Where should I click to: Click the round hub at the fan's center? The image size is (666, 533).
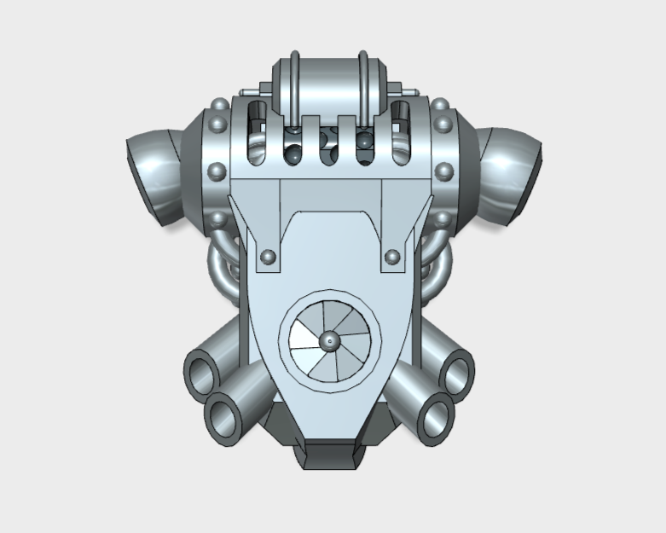point(329,341)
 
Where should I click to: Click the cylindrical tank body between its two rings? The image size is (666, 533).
point(329,85)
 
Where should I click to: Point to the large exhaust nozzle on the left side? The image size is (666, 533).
point(153,174)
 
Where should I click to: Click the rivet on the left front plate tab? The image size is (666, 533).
point(268,256)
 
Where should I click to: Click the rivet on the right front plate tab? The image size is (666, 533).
point(392,256)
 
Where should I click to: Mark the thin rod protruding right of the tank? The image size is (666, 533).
point(407,90)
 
